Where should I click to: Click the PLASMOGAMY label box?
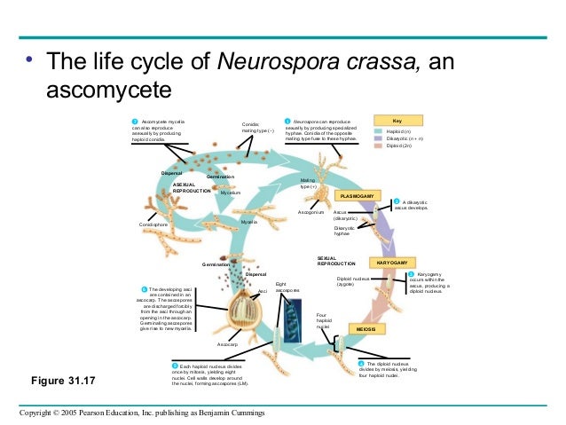pos(359,195)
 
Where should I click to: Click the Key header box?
pos(408,120)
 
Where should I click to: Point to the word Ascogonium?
pos(311,214)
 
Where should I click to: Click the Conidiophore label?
pos(153,225)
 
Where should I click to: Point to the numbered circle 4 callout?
pos(361,364)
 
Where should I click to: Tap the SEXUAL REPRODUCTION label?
pos(336,261)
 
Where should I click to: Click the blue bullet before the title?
pos(28,62)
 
